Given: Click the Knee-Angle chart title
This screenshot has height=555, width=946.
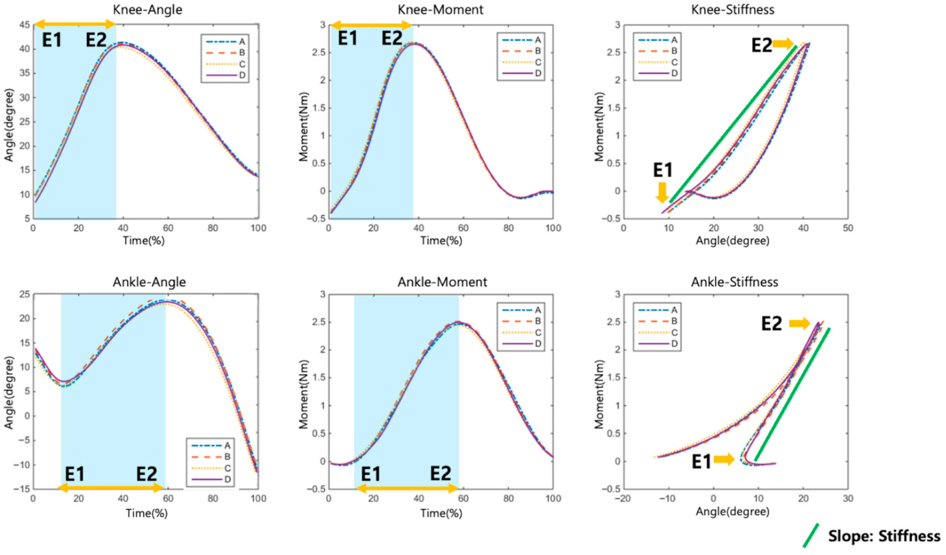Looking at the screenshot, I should point(148,9).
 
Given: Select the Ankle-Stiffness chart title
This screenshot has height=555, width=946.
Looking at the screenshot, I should point(734,282).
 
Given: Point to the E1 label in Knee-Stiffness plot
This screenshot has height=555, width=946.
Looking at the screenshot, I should point(663,170).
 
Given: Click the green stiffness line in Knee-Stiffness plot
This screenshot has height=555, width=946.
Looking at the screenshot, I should point(732,124).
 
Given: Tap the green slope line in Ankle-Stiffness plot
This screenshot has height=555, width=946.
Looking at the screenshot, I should point(792,395).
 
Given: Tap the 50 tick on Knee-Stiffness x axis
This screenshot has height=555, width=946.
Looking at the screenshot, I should point(848,228).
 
